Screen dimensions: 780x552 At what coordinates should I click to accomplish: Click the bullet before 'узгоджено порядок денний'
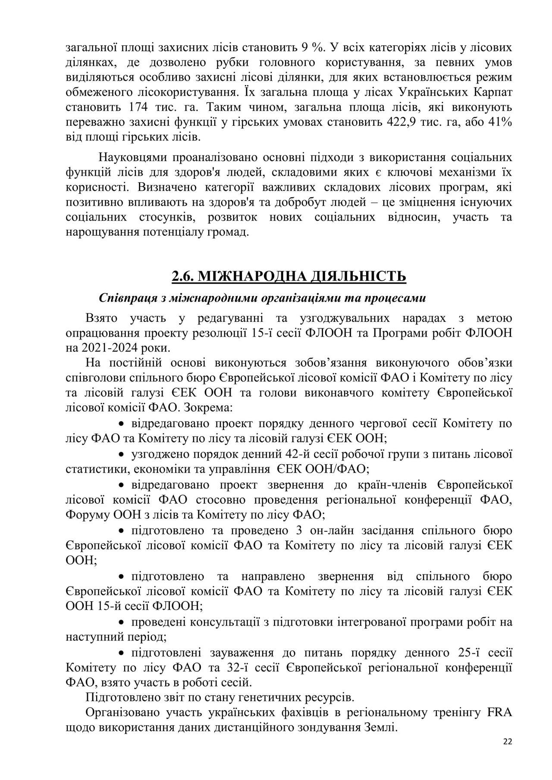coord(122,455)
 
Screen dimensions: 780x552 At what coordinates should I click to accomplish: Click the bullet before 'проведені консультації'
coord(122,622)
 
